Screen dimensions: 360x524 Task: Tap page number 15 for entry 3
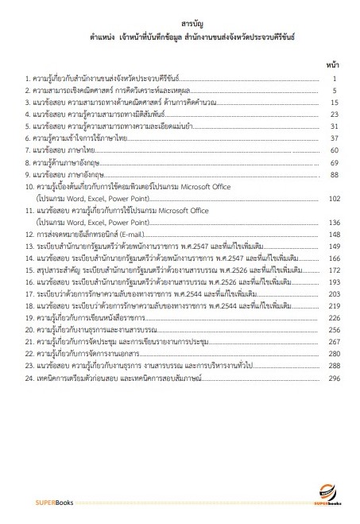click(335, 103)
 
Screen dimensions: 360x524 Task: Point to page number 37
click(335, 138)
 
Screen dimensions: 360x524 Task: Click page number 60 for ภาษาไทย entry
click(335, 150)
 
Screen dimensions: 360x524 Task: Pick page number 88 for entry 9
click(335, 174)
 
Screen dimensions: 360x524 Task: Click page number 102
click(333, 199)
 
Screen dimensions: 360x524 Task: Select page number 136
click(333, 223)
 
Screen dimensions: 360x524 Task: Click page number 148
click(333, 235)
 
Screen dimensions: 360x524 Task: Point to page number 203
click(333, 294)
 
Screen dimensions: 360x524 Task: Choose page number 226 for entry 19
click(333, 318)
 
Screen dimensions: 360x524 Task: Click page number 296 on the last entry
click(333, 378)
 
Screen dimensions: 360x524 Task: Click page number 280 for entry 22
click(333, 354)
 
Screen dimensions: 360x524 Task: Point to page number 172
click(333, 270)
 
